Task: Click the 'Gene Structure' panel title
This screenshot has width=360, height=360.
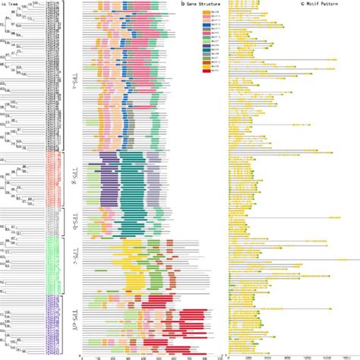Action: (201, 4)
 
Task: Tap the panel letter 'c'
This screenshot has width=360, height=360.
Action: (302, 4)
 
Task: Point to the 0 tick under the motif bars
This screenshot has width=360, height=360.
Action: (231, 355)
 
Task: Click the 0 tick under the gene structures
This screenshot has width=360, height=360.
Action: (81, 355)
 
